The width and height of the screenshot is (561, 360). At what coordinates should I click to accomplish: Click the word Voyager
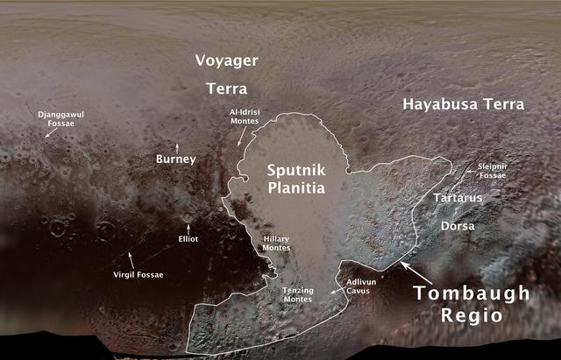(226, 62)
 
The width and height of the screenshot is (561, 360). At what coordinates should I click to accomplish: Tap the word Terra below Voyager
(226, 89)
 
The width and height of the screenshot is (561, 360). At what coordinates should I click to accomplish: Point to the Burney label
(175, 159)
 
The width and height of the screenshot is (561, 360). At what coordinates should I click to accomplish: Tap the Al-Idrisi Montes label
(245, 117)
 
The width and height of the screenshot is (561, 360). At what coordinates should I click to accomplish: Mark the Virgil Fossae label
(138, 274)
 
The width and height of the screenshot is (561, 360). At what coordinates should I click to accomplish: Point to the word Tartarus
(458, 199)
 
